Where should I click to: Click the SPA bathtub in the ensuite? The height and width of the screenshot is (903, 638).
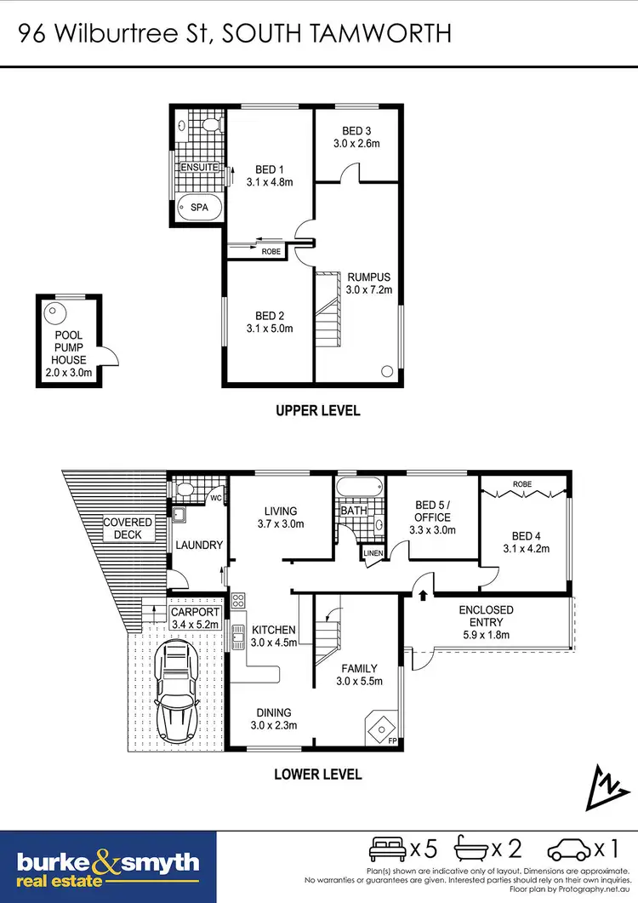(199, 208)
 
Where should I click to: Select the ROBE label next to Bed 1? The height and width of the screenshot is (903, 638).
(271, 251)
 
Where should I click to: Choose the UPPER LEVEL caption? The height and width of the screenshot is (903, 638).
(317, 411)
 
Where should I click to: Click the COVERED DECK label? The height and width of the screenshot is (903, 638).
(128, 529)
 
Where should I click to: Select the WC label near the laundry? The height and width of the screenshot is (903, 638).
(216, 496)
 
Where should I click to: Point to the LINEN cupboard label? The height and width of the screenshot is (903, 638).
(373, 553)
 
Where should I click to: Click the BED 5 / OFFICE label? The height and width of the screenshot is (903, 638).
(432, 517)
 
